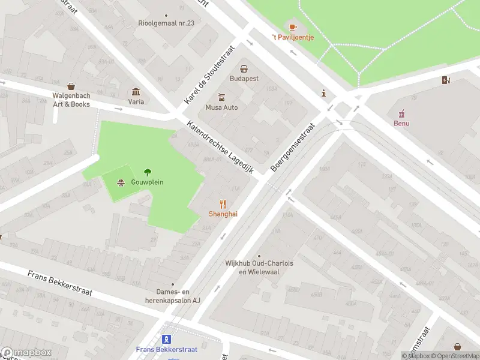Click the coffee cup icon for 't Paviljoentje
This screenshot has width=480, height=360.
293,27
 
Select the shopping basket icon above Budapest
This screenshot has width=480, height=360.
244,68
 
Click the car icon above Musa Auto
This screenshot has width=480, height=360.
221,97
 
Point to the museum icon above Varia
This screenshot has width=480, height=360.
136,92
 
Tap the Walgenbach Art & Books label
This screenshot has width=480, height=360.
71,100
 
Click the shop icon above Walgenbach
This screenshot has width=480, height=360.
71,86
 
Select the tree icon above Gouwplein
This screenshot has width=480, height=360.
148,172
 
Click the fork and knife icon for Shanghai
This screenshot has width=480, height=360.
223,204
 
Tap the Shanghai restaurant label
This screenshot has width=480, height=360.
222,214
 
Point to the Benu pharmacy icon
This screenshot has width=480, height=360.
401,113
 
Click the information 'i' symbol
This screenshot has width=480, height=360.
324,93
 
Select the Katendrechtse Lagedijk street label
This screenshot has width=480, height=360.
222,148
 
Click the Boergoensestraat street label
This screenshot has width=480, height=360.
293,148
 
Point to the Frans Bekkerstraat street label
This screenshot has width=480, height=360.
60,283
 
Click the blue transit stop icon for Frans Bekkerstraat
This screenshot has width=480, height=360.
167,340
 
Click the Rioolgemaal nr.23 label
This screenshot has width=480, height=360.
166,23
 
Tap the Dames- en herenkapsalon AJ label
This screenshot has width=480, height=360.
173,296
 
